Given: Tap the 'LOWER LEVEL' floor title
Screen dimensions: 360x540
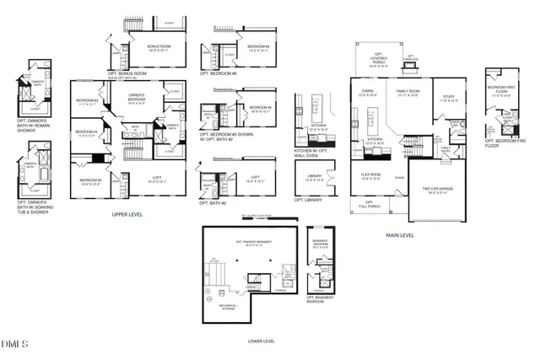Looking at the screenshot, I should point(261,341).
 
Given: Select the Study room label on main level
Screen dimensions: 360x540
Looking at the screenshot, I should point(448,98).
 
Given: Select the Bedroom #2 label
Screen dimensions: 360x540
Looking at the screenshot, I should point(90,181).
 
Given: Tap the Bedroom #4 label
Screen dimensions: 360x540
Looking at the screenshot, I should point(87,133).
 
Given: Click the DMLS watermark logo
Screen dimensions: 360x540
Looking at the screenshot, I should point(14,344).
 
